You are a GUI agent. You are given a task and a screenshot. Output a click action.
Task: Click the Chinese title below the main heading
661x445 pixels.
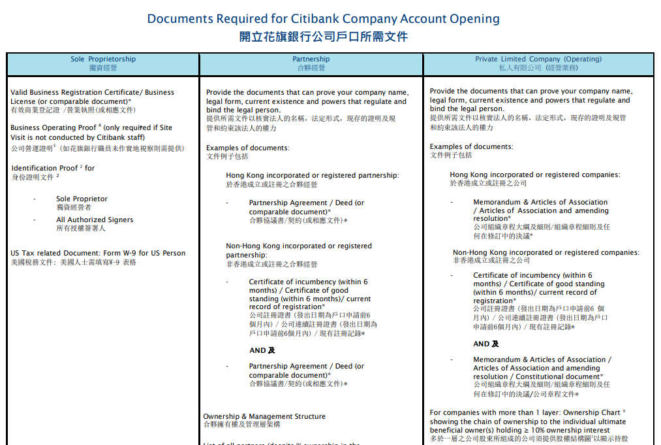click(x=324, y=37)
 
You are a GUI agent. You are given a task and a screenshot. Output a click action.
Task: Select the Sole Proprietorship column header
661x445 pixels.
click(x=103, y=63)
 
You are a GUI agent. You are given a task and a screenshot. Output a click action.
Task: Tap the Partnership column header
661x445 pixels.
click(x=311, y=63)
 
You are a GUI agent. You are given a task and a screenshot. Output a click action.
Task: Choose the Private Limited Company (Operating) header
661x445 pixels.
click(x=538, y=63)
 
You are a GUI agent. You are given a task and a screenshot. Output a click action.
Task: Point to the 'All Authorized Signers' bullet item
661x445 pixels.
click(x=95, y=220)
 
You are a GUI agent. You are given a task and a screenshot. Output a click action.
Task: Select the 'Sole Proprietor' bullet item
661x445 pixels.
click(x=82, y=199)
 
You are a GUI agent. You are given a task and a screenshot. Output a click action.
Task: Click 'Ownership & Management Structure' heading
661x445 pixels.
click(x=264, y=416)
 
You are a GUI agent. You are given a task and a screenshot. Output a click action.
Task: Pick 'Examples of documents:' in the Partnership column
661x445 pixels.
click(x=248, y=148)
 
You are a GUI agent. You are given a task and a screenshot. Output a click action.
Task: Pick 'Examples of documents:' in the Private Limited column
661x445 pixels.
click(x=471, y=146)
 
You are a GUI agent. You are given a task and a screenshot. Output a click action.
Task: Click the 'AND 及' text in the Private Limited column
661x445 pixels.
click(x=486, y=344)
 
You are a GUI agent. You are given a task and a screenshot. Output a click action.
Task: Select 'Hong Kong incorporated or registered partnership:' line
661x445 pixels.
click(x=313, y=175)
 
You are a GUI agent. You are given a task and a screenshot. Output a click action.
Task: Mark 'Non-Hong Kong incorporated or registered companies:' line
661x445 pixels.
click(x=546, y=252)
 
